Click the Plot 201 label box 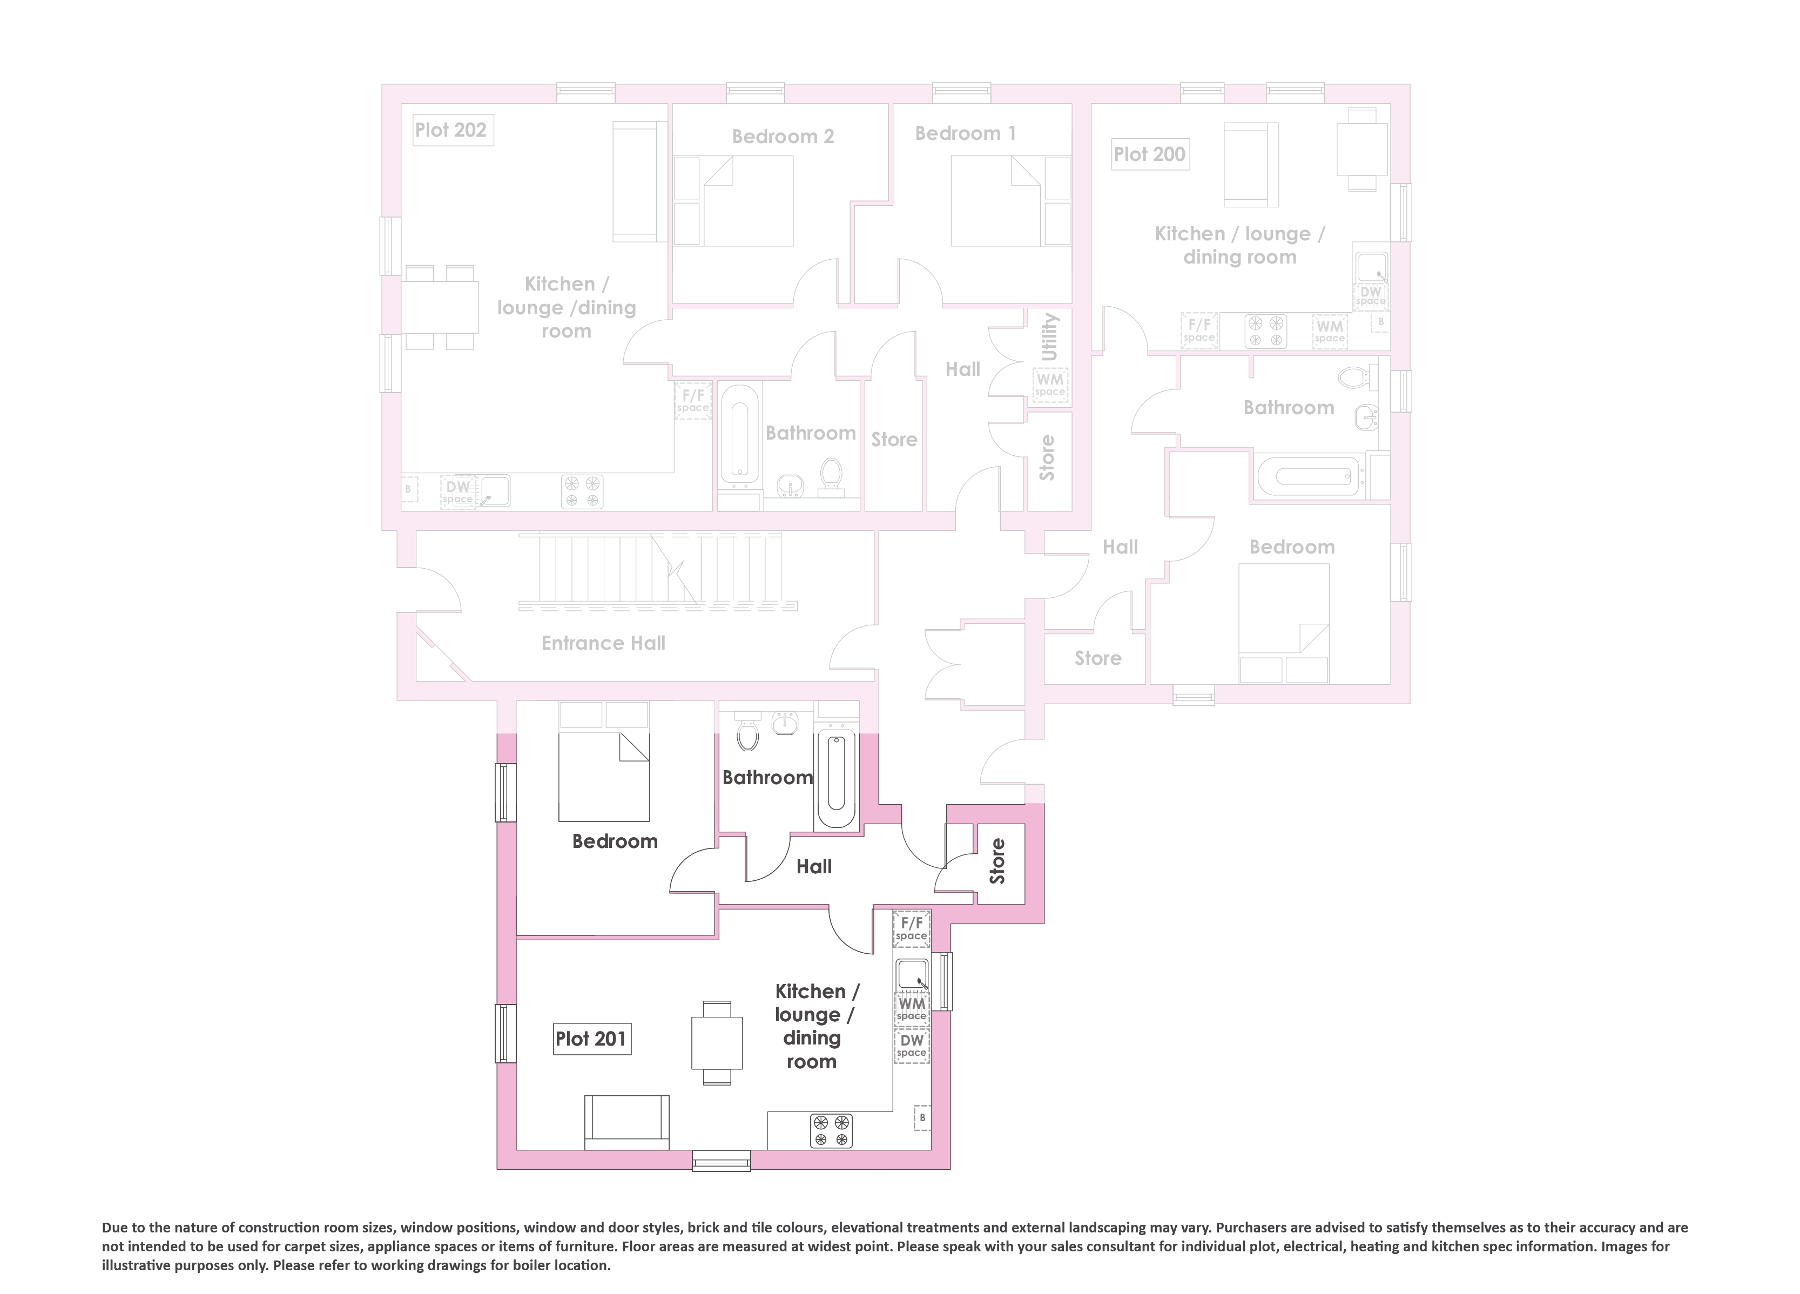point(591,1039)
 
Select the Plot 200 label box point(1149,154)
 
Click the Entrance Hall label point(603,643)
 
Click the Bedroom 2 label point(783,137)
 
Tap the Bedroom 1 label point(965,133)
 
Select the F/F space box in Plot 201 point(911,928)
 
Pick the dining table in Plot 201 point(717,1042)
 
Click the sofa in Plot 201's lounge point(627,1122)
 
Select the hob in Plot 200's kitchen point(1265,331)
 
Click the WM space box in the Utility point(1050,386)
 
